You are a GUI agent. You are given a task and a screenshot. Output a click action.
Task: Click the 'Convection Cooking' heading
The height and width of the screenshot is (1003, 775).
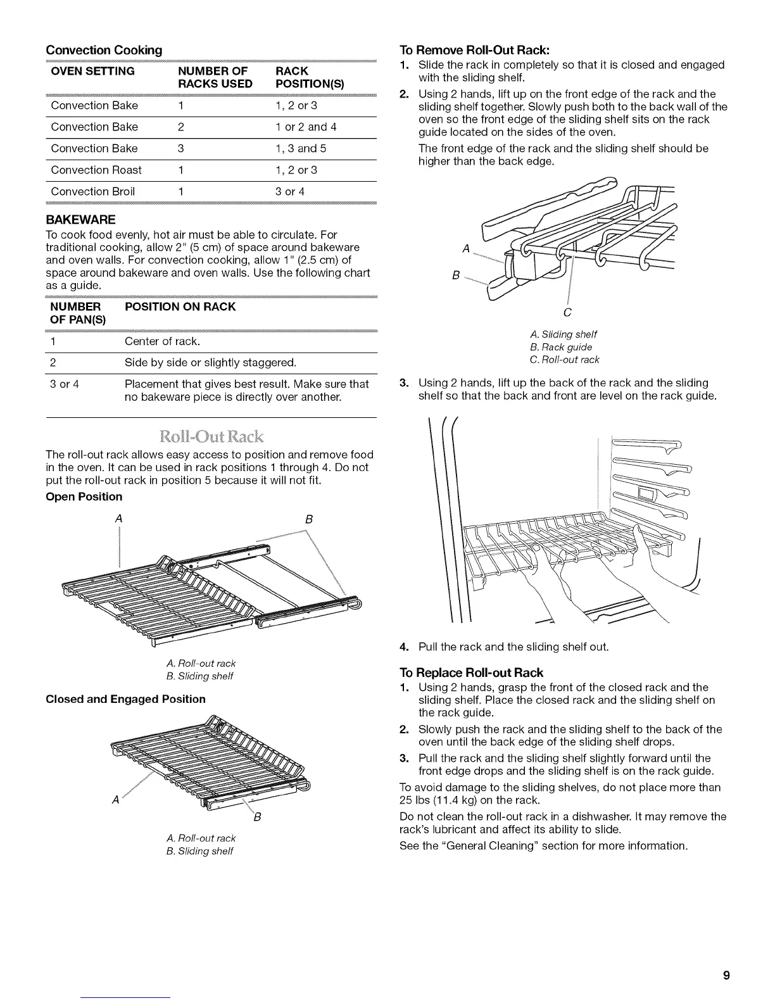104,49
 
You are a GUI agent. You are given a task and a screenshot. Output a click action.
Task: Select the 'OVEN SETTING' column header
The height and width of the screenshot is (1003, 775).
92,71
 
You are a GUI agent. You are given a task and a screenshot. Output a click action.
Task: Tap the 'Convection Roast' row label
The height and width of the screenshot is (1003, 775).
96,170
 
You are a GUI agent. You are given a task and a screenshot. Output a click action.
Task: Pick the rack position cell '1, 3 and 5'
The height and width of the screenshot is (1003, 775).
301,148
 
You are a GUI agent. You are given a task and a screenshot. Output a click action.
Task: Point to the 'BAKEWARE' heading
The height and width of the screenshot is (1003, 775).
80,220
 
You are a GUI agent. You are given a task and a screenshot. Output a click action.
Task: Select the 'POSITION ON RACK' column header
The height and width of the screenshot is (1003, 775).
180,306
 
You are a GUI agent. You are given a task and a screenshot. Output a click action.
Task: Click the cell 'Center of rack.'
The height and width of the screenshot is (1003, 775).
163,342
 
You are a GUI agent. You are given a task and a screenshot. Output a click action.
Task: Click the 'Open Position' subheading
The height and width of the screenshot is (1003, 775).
84,496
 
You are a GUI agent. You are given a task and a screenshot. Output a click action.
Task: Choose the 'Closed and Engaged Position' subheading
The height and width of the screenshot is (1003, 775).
126,699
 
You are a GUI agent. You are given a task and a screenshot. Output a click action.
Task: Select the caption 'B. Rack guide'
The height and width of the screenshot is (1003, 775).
561,347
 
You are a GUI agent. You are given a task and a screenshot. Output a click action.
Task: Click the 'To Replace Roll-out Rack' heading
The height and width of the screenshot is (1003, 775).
472,672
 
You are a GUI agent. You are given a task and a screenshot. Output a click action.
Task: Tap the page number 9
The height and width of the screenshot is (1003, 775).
727,975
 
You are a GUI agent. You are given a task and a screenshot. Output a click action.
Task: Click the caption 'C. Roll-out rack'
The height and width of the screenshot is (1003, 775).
564,360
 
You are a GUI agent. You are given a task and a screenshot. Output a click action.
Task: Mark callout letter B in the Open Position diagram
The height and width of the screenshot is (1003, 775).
309,519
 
